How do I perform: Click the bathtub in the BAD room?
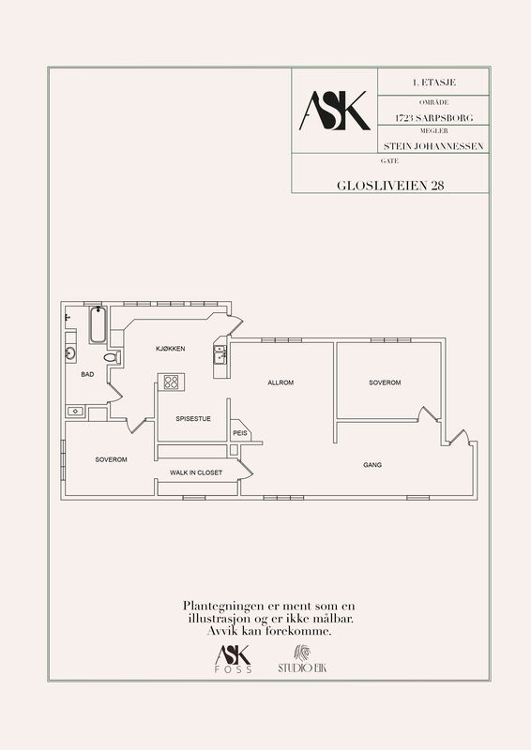point(98,324)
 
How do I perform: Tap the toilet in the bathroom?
point(112,357)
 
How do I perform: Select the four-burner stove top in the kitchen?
point(171,382)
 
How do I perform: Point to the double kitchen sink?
point(220,355)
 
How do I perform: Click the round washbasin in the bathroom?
point(70,354)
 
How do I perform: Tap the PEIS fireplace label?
point(240,433)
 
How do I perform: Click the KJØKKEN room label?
point(171,349)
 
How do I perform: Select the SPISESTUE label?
point(193,418)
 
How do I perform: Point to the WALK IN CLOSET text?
point(196,472)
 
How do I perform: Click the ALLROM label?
point(281,382)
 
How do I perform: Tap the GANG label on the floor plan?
point(372,464)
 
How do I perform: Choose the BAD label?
point(87,374)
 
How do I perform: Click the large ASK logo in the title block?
point(335,111)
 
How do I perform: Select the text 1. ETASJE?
point(433,82)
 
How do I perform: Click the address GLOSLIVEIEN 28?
point(390,186)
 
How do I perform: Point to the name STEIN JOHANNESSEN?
point(433,146)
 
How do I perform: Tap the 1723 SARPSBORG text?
point(433,118)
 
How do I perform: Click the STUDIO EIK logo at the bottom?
point(302,659)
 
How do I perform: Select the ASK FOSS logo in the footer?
point(234,659)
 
